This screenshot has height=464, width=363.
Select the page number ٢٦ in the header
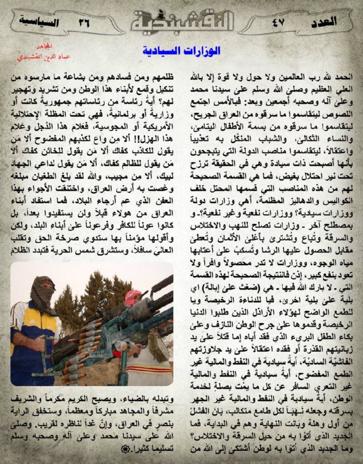click(x=85, y=22)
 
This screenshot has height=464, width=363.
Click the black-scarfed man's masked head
click(x=43, y=296)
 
